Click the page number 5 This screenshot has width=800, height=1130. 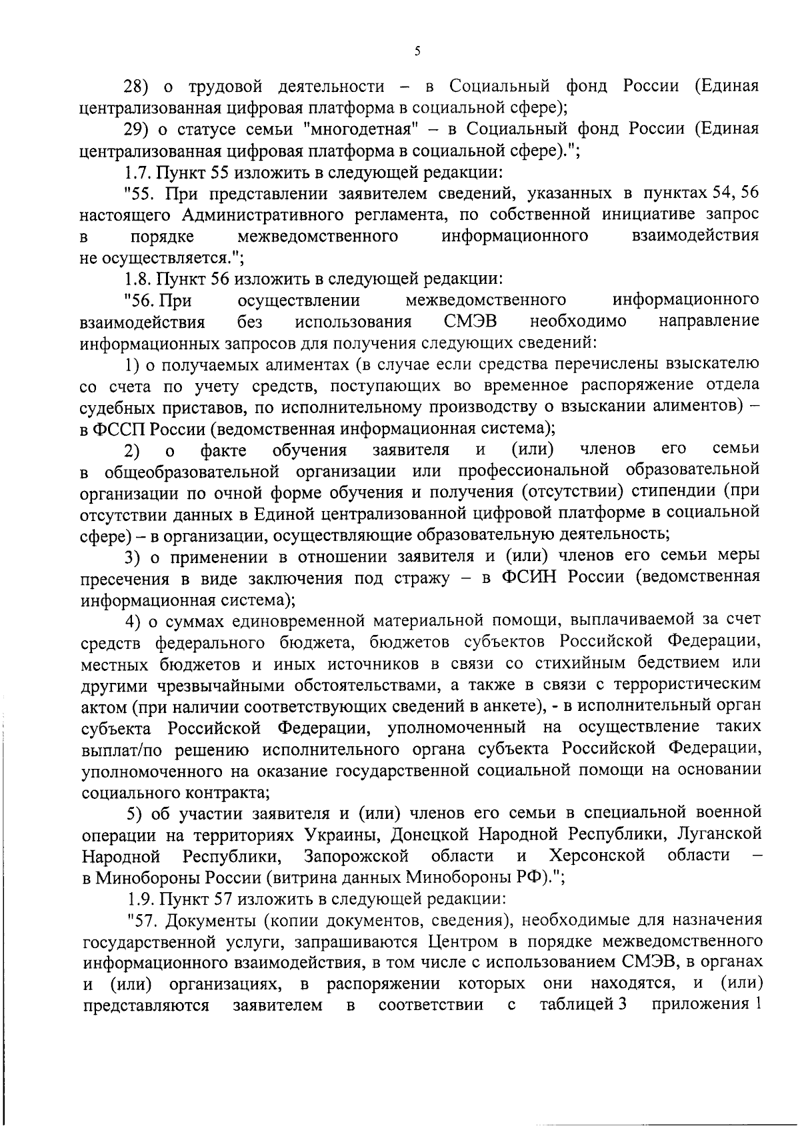[x=417, y=51]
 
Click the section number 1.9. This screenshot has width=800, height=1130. [x=138, y=899]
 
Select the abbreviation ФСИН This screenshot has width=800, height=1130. [x=528, y=577]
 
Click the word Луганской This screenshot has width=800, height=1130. [x=719, y=835]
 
